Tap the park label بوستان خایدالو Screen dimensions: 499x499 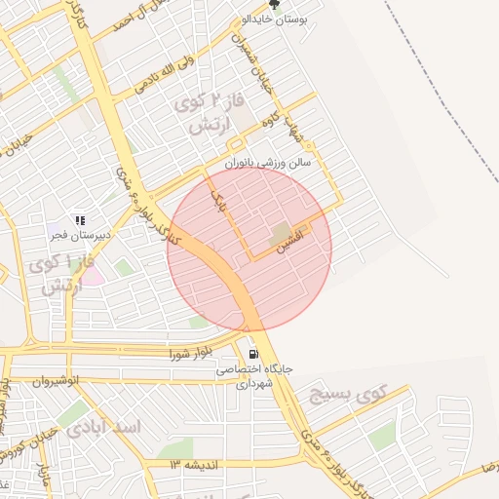[x=286, y=19]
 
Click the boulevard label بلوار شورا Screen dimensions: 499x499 [x=189, y=352]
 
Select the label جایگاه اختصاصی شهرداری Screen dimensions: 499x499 [x=255, y=377]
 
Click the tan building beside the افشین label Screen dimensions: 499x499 [x=282, y=231]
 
